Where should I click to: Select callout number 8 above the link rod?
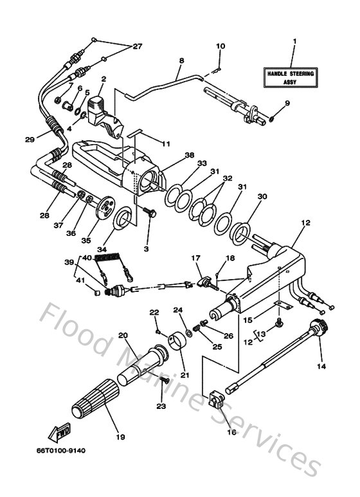click(x=181, y=60)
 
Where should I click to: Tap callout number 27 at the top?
click(x=137, y=46)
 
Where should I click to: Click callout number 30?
click(x=244, y=196)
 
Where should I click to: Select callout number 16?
click(x=231, y=432)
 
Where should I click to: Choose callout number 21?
click(x=185, y=375)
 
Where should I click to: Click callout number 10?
click(x=220, y=46)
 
